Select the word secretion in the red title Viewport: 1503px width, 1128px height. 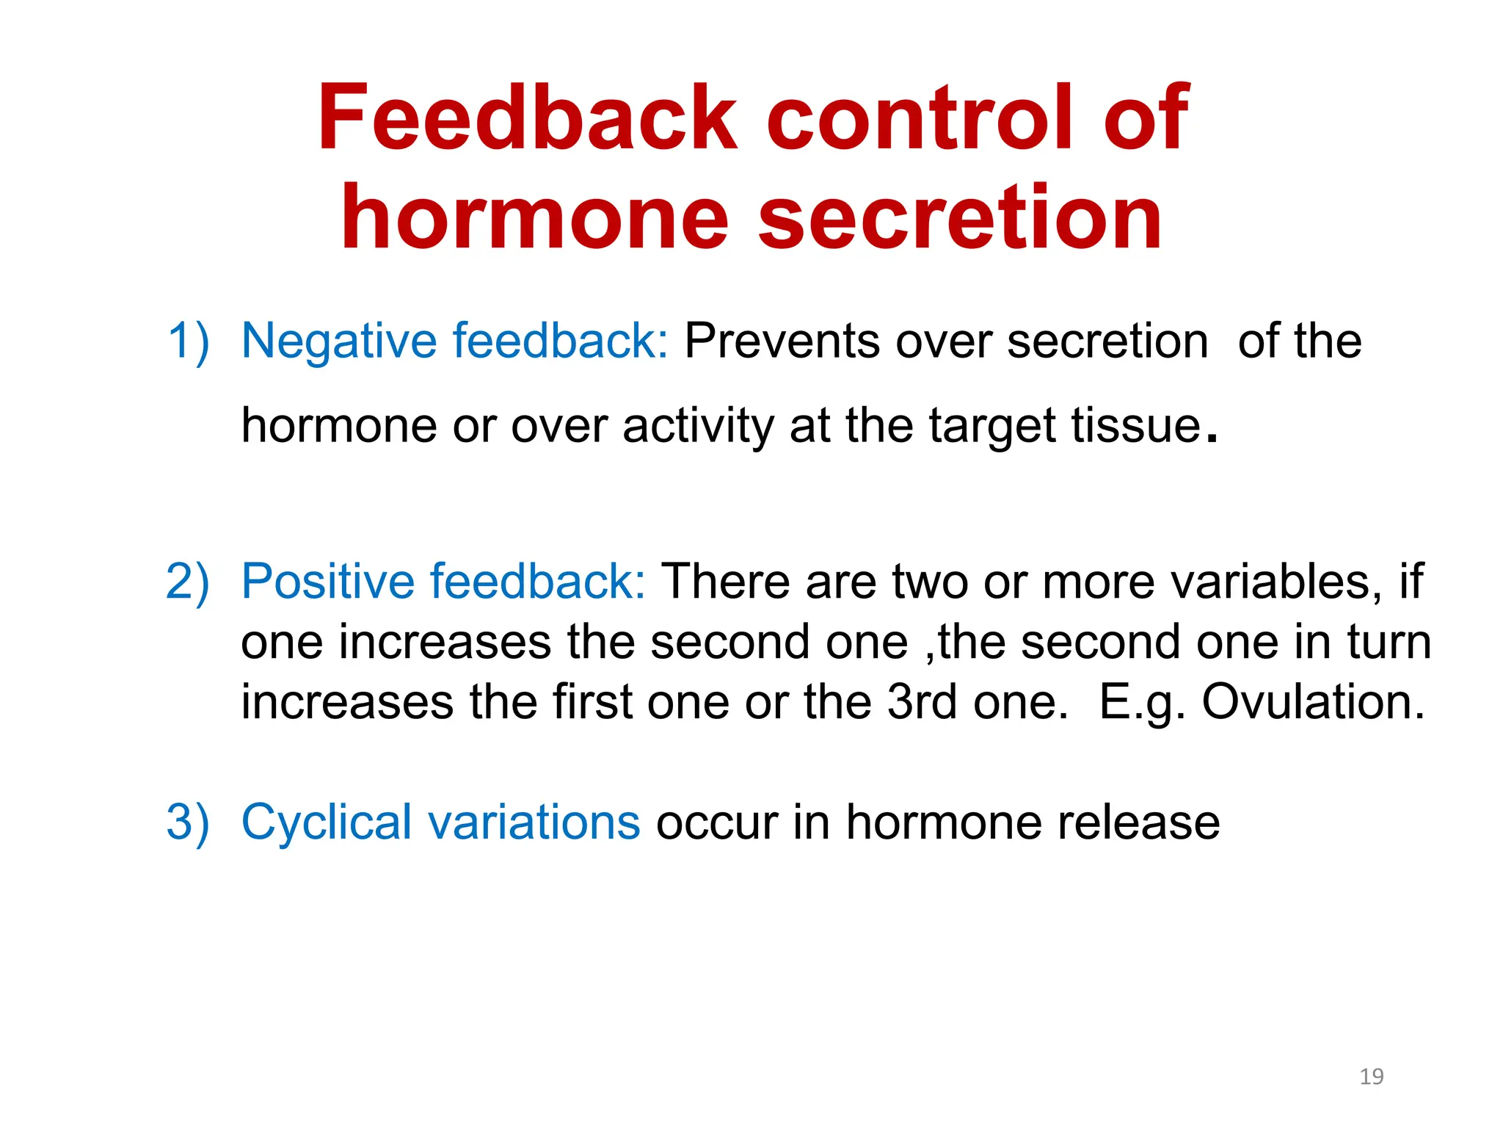[x=959, y=218]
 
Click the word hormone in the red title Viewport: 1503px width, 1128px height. [x=534, y=218]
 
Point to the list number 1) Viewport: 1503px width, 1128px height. [x=188, y=341]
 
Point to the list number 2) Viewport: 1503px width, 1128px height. [x=188, y=582]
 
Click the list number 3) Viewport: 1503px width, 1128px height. [x=188, y=822]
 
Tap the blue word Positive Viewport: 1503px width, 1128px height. [x=328, y=582]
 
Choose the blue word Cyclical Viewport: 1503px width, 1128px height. [x=327, y=822]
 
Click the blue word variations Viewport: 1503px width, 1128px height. [x=535, y=822]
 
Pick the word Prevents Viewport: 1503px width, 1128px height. [x=782, y=341]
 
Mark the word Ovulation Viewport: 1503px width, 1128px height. [x=1312, y=702]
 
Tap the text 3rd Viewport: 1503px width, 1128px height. [x=922, y=702]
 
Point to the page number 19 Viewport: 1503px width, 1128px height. [x=1371, y=1077]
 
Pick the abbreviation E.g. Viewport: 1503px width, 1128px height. [x=1141, y=702]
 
